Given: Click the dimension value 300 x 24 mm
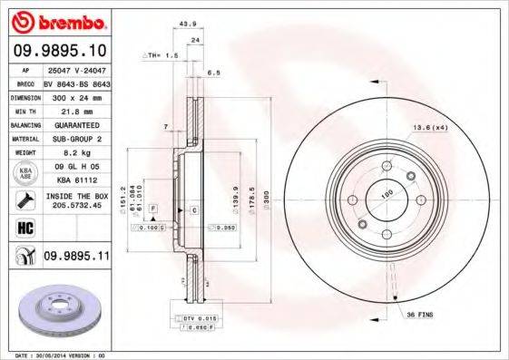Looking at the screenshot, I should pos(75,95).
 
